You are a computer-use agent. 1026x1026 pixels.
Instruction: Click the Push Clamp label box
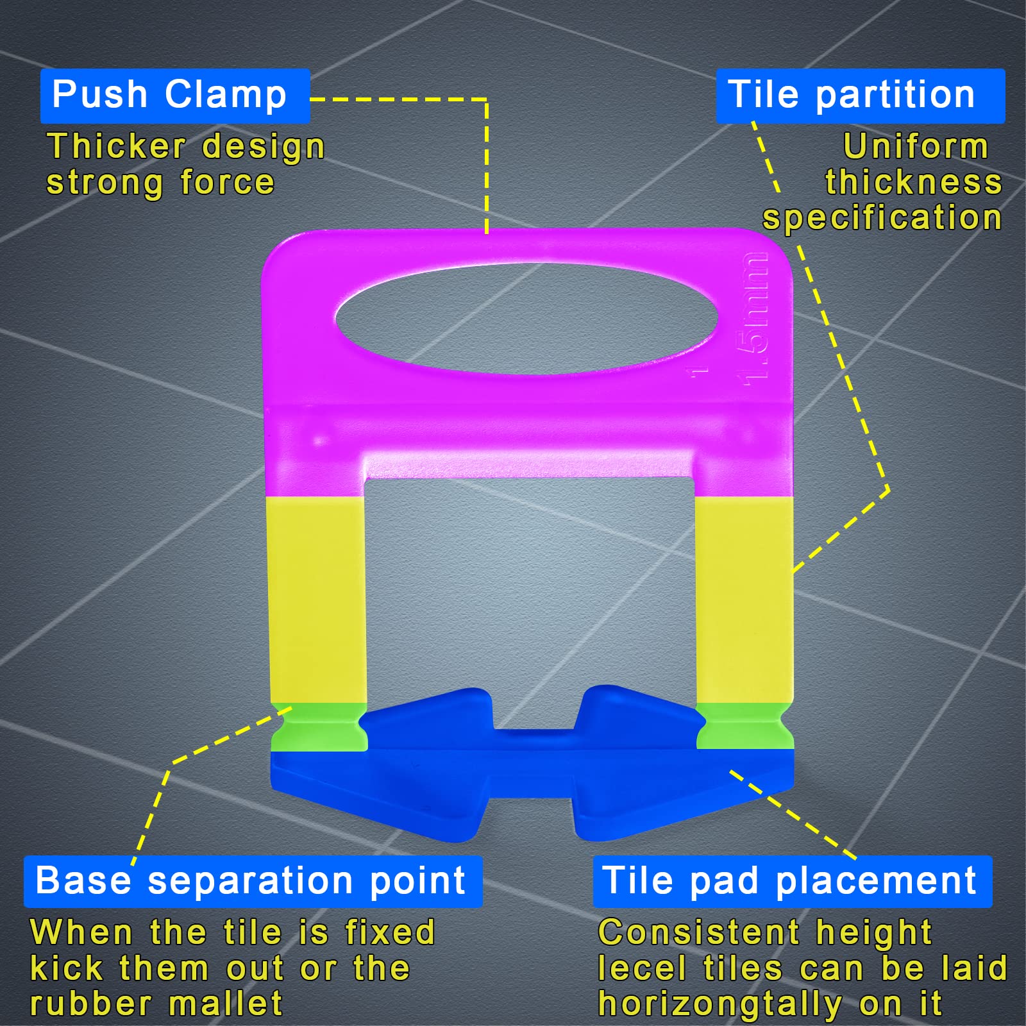tap(174, 96)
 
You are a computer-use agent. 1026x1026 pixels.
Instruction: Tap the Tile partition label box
tap(859, 96)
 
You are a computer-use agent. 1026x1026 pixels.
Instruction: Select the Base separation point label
tap(252, 881)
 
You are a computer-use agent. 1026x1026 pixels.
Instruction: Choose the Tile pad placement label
tap(791, 881)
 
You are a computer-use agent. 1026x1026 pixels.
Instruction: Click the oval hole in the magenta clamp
tap(526, 319)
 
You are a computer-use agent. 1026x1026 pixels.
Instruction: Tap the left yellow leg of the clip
tap(317, 600)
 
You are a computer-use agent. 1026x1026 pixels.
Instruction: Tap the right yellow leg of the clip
tap(744, 600)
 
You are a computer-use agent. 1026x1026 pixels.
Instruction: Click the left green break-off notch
tap(319, 727)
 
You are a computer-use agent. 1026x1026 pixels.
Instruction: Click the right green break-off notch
tap(744, 726)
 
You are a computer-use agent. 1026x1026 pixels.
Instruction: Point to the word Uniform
tap(916, 146)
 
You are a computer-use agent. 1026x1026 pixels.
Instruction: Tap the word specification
tap(882, 218)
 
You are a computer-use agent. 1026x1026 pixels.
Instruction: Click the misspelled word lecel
tap(642, 968)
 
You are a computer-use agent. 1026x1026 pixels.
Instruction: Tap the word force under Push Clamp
tap(227, 182)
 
